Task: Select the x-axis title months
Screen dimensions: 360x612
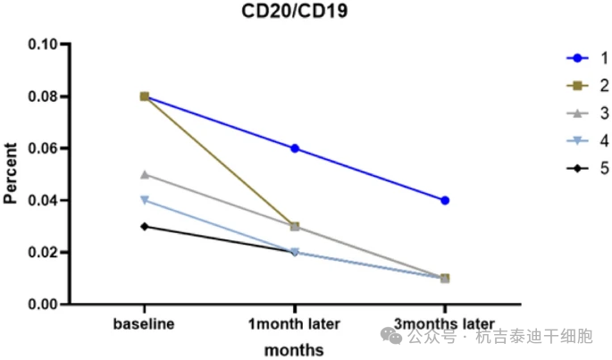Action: (294, 348)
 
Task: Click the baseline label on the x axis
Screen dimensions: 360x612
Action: (144, 323)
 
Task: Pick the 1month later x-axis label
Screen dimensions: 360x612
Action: (295, 323)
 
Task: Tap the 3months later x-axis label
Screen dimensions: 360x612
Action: (444, 323)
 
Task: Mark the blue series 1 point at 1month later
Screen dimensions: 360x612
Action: (295, 148)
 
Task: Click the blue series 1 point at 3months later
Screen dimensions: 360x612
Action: (445, 200)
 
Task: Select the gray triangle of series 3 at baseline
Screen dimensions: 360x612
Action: (144, 174)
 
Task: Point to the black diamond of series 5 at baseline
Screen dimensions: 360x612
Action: (144, 226)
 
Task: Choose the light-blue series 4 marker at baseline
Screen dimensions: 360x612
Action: (144, 200)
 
